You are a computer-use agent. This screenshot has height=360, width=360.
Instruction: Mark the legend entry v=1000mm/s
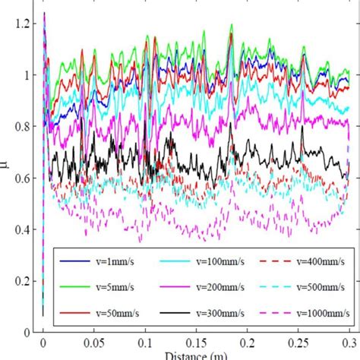[x=303, y=312]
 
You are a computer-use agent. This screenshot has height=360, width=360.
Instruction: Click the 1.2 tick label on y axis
[x=26, y=24]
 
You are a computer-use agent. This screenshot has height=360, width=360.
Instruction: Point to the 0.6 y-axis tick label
[x=26, y=178]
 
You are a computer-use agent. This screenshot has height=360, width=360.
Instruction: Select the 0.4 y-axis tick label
[x=26, y=229]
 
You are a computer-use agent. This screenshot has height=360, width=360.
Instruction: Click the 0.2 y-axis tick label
[x=26, y=281]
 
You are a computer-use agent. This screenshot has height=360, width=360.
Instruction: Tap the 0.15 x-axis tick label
[x=196, y=343]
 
